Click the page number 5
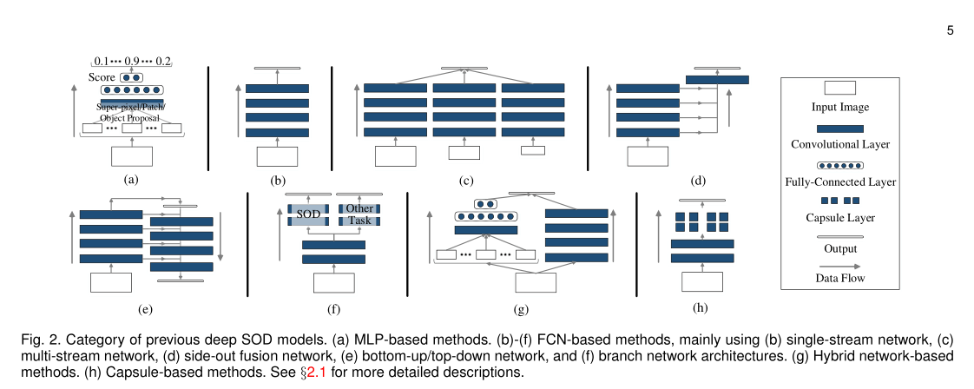951,30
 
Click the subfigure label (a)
131,181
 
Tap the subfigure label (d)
697,181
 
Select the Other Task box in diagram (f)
359,214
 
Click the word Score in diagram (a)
102,77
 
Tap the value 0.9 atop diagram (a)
132,61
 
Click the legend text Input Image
839,107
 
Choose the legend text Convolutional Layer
839,145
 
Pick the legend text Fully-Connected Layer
839,181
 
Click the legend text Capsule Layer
839,218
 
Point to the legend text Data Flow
839,278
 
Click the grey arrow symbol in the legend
839,267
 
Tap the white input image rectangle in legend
839,88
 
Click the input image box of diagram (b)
277,157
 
